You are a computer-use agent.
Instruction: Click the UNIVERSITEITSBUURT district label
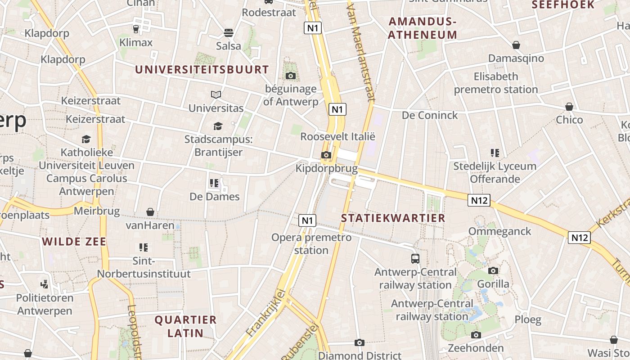pyautogui.click(x=202, y=70)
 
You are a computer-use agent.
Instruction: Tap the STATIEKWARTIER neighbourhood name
pyautogui.click(x=393, y=218)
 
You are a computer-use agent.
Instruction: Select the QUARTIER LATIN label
pyautogui.click(x=185, y=327)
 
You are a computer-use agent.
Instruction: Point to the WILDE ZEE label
pyautogui.click(x=74, y=242)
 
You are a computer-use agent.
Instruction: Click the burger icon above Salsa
pyautogui.click(x=229, y=33)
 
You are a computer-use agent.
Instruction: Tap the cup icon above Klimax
pyautogui.click(x=136, y=29)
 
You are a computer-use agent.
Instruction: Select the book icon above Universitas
pyautogui.click(x=216, y=94)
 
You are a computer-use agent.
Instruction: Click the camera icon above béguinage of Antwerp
pyautogui.click(x=291, y=76)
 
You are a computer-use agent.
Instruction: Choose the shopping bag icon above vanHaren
pyautogui.click(x=150, y=211)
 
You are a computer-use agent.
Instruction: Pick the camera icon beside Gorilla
pyautogui.click(x=493, y=270)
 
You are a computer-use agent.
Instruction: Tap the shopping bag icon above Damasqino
pyautogui.click(x=516, y=45)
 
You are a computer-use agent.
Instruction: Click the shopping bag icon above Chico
pyautogui.click(x=569, y=107)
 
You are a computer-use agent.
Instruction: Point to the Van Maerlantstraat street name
pyautogui.click(x=361, y=49)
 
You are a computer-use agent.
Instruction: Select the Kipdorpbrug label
pyautogui.click(x=326, y=169)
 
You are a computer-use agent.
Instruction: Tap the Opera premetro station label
pyautogui.click(x=311, y=243)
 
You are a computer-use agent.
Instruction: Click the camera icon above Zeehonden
pyautogui.click(x=476, y=335)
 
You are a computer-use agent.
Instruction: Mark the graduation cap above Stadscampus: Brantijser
pyautogui.click(x=218, y=126)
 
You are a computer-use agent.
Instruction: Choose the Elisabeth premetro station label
pyautogui.click(x=495, y=83)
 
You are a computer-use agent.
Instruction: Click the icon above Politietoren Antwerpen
pyautogui.click(x=45, y=284)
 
